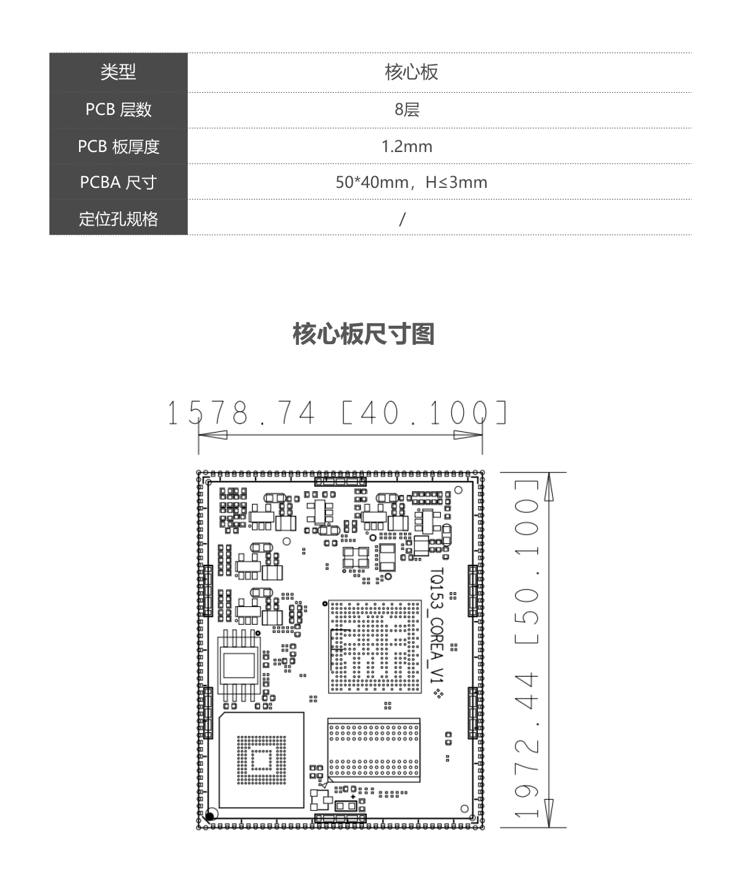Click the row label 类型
tap(118, 72)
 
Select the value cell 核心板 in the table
tap(411, 72)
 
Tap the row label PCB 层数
tap(118, 109)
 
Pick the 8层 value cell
tap(407, 109)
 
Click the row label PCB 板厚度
tap(118, 146)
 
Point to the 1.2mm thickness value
tap(407, 146)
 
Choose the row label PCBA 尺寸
tap(118, 182)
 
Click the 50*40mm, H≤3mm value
tap(411, 182)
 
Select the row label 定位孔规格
tap(118, 219)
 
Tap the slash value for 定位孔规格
tap(402, 219)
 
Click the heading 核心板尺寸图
tap(364, 334)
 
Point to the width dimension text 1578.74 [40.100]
tap(337, 413)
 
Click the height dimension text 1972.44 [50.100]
tap(527, 649)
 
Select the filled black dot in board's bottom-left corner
tap(209, 816)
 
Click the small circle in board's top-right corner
tap(458, 490)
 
